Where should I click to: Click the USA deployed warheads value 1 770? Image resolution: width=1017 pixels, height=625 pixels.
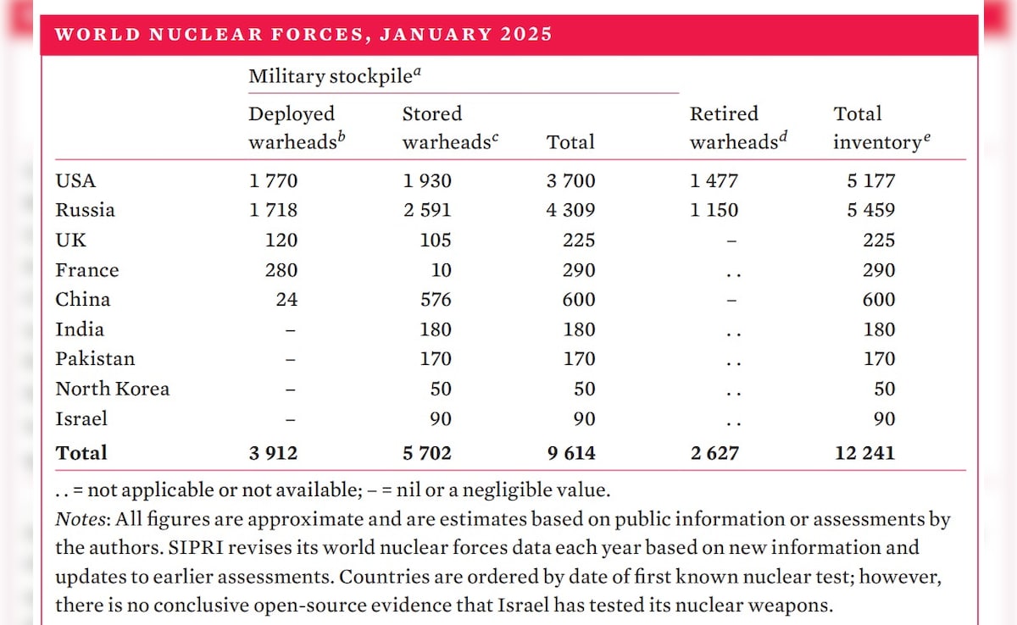[x=273, y=180]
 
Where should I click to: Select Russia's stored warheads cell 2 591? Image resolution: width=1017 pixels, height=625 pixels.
[x=427, y=210]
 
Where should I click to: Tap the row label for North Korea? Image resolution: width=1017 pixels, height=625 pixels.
[x=113, y=389]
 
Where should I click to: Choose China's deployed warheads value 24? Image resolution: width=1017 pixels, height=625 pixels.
[x=286, y=300]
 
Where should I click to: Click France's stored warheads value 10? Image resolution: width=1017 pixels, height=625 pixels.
[x=440, y=270]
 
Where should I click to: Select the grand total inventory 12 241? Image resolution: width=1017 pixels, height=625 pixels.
[x=864, y=453]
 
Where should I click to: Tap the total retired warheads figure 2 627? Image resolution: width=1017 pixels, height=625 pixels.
[x=714, y=453]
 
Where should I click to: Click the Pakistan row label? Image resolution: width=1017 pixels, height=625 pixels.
[x=95, y=359]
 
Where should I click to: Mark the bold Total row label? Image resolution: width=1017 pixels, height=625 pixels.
[x=81, y=453]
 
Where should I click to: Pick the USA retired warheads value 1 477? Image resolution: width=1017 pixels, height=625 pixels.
[x=714, y=180]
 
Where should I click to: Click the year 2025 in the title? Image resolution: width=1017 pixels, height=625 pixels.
[x=526, y=35]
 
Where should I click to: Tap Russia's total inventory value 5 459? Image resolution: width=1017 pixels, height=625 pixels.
[x=870, y=210]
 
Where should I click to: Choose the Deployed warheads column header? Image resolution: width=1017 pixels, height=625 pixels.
[x=292, y=128]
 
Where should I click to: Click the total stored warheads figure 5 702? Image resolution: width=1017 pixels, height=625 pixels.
[x=427, y=453]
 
